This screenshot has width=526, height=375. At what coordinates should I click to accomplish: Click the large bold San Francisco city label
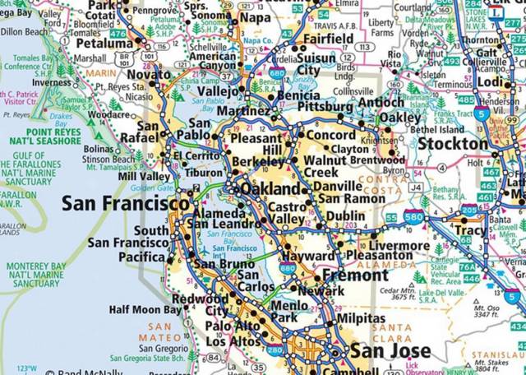coord(125,203)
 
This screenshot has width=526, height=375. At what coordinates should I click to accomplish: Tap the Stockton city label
coord(453,144)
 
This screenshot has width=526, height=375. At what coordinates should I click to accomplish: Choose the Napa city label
coord(255,17)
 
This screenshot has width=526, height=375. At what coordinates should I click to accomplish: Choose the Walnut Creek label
coord(325,166)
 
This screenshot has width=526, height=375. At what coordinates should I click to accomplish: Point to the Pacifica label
coord(143,257)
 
